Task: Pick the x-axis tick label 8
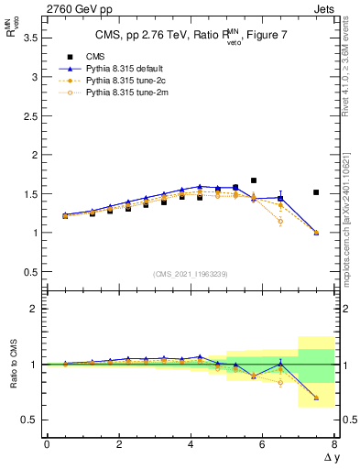334,444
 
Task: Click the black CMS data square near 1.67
254,180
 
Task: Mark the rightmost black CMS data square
316,192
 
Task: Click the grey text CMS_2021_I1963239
191,273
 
